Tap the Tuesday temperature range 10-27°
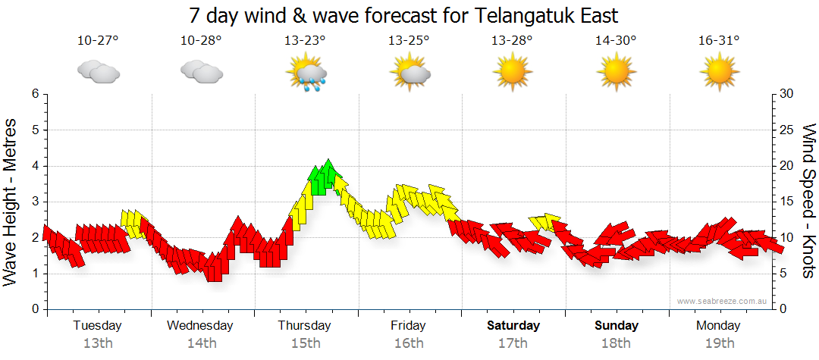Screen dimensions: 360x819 (98, 40)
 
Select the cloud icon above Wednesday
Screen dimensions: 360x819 (201, 71)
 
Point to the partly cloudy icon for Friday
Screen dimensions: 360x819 (409, 72)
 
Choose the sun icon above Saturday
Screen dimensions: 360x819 (512, 72)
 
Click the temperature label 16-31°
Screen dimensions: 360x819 (719, 40)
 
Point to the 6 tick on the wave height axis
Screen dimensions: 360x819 (34, 94)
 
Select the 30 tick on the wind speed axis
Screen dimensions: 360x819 (786, 94)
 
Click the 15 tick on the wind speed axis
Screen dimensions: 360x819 (786, 202)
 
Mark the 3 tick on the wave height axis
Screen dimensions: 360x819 (34, 202)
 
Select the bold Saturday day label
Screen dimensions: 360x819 (513, 326)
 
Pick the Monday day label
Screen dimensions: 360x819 (718, 326)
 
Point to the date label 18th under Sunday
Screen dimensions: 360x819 (616, 343)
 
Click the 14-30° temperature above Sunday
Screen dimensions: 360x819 (616, 40)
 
